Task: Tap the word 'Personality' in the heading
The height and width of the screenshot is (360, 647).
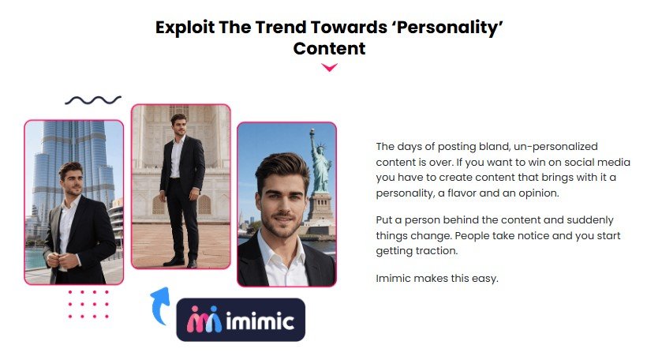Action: coord(456,27)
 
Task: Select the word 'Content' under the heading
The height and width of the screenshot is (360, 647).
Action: coord(329,48)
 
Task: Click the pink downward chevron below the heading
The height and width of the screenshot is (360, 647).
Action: coord(329,68)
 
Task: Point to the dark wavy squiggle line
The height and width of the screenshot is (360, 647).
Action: coord(93,100)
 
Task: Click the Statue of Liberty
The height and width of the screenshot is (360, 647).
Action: coord(319,166)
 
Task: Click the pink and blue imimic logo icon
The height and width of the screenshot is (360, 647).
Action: coord(204,320)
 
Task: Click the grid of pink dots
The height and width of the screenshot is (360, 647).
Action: coord(88,304)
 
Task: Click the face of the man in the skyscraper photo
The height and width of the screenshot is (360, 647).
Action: coord(72,180)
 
